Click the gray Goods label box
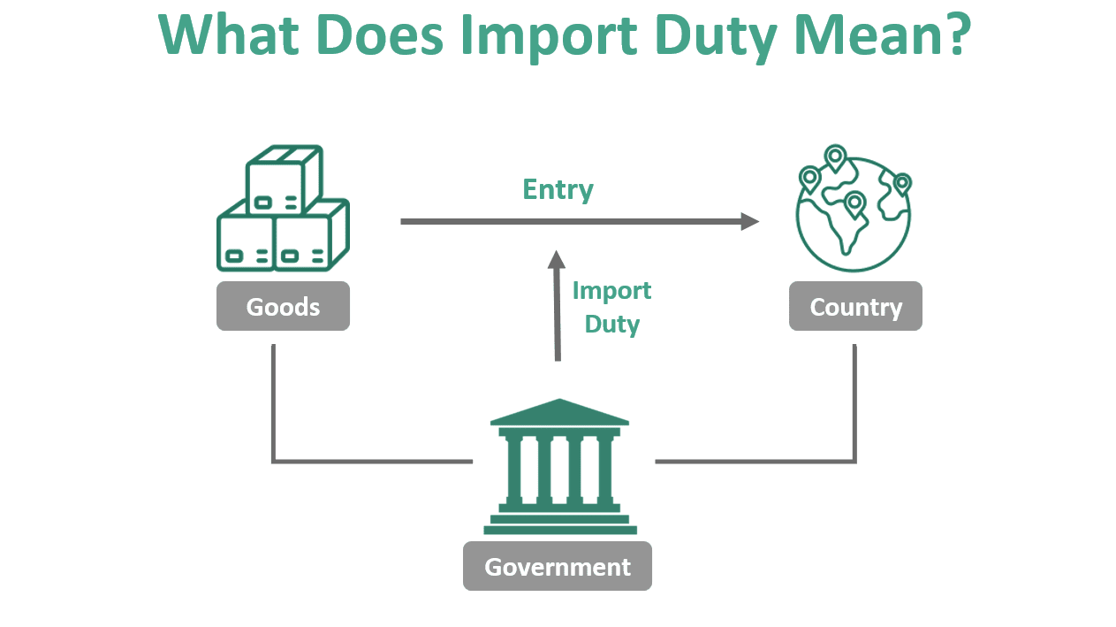click(283, 307)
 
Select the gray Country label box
click(855, 307)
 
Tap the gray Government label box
click(558, 567)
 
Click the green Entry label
click(558, 189)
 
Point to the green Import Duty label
click(611, 307)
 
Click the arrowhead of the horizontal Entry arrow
click(750, 221)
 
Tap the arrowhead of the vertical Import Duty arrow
click(556, 259)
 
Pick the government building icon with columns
click(559, 467)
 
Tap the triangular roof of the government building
click(559, 412)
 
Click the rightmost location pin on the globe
click(901, 184)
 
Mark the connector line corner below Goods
click(274, 461)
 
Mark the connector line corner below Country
click(854, 461)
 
